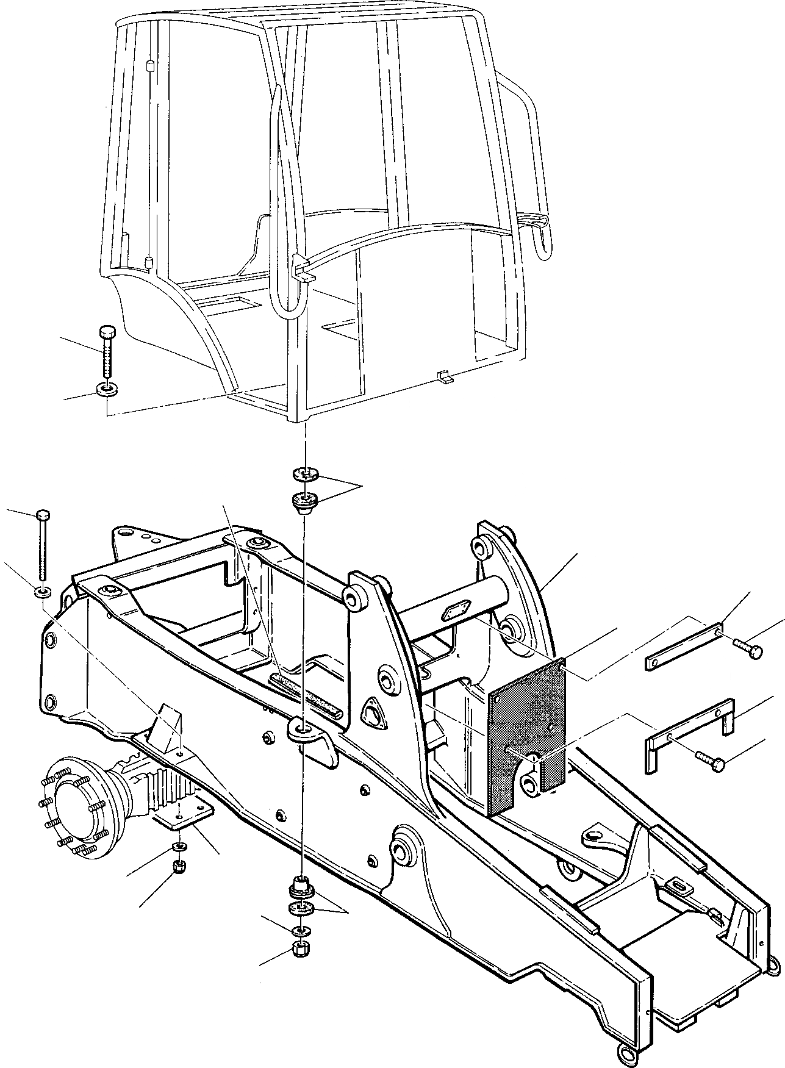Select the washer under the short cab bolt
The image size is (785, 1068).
click(107, 389)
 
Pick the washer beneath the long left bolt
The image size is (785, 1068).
click(43, 591)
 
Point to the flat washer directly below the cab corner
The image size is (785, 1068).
click(303, 473)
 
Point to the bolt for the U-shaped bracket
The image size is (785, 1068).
click(709, 759)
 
